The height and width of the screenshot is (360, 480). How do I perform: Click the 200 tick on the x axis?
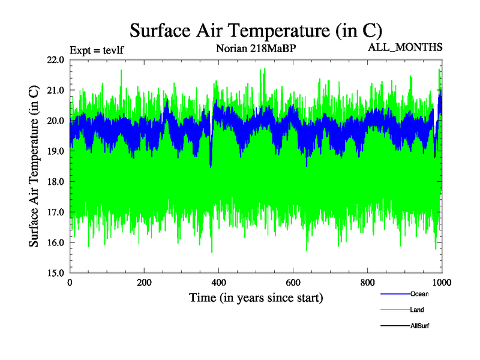pyautogui.click(x=144, y=283)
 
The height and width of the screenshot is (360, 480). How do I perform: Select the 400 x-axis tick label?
pyautogui.click(x=218, y=283)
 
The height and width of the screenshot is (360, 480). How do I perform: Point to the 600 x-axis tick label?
pyautogui.click(x=293, y=283)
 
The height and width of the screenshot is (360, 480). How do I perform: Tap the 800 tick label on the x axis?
pyautogui.click(x=367, y=283)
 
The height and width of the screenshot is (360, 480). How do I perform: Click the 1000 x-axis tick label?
pyautogui.click(x=442, y=283)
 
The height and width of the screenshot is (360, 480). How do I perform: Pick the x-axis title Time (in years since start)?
pyautogui.click(x=256, y=297)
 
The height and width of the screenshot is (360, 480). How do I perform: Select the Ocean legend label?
pyautogui.click(x=419, y=294)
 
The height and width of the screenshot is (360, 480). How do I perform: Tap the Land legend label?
pyautogui.click(x=418, y=310)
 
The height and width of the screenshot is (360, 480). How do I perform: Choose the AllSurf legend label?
pyautogui.click(x=420, y=326)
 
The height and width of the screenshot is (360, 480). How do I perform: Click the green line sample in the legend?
pyautogui.click(x=394, y=310)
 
